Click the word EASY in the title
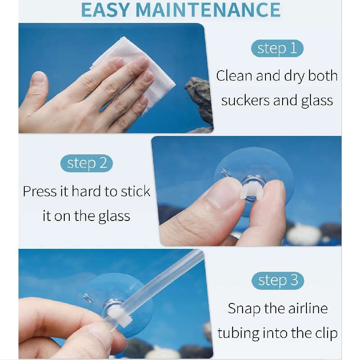click(x=106, y=10)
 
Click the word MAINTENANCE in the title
click(x=208, y=10)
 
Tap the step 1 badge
click(x=277, y=49)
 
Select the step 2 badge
click(x=86, y=163)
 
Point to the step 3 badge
click(x=278, y=280)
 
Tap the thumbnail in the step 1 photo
click(x=38, y=77)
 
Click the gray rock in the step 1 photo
click(x=199, y=101)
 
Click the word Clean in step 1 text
click(x=234, y=76)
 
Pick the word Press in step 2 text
click(x=40, y=191)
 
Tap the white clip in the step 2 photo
click(x=251, y=191)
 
